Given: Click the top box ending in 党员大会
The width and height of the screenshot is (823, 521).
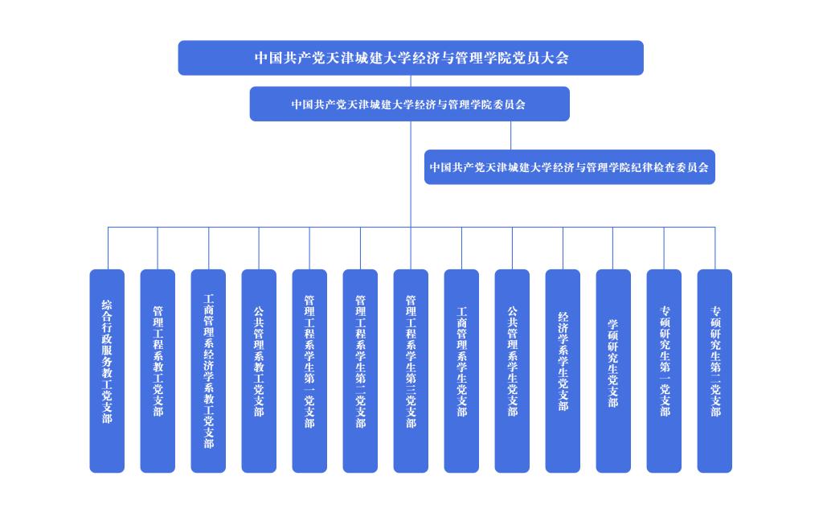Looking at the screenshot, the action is [x=411, y=58].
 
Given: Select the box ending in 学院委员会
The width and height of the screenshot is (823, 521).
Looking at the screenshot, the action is [x=409, y=104].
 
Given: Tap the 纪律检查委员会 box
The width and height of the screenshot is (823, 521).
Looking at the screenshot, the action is [x=570, y=167].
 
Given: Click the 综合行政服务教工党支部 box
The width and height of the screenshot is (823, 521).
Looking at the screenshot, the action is [x=107, y=371].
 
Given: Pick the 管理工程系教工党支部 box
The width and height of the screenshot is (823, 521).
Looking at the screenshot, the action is [x=158, y=371].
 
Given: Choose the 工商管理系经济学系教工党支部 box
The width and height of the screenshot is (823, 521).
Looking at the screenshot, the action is [x=208, y=371].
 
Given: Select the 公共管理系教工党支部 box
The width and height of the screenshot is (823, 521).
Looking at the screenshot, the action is [x=259, y=371].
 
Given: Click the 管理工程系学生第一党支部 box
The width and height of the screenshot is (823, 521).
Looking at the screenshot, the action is [x=309, y=371].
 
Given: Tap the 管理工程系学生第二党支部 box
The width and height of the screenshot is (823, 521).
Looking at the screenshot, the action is [x=360, y=371].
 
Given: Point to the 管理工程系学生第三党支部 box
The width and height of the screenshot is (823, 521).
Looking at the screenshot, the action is [x=411, y=371].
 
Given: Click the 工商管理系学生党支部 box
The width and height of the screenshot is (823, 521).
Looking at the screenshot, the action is [x=461, y=371].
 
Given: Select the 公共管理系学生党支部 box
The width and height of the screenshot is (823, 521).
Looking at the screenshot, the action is [x=512, y=371].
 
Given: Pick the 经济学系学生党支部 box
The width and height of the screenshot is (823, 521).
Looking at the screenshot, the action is [x=563, y=371].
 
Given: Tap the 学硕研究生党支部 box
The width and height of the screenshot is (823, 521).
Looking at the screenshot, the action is [x=613, y=371].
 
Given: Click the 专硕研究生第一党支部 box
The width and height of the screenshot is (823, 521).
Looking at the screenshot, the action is [x=664, y=371].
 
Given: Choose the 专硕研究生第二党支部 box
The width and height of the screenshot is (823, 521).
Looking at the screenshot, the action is [x=714, y=371].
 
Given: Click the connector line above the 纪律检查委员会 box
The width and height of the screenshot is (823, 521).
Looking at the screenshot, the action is [x=510, y=136].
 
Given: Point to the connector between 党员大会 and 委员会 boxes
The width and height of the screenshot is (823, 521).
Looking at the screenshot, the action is [x=411, y=81].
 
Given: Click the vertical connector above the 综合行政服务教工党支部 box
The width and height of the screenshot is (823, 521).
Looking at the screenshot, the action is [x=109, y=248].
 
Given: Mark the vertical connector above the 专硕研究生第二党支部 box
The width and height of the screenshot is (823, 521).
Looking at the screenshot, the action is [x=714, y=248].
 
